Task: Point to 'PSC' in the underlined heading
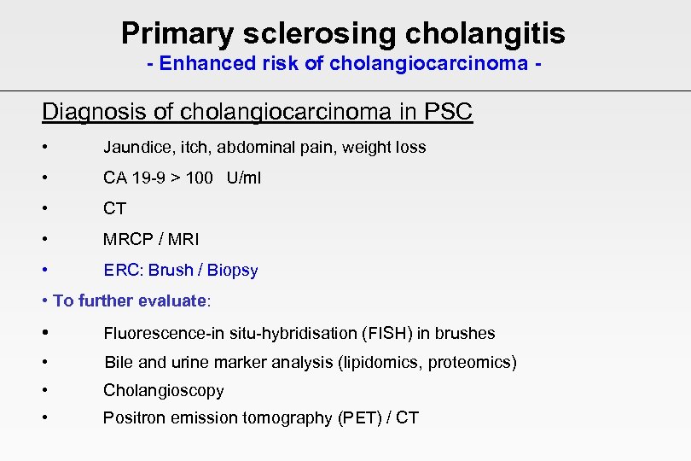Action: point(446,112)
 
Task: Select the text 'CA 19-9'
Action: point(131,178)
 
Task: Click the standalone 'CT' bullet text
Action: point(114,208)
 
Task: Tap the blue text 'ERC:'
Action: point(124,271)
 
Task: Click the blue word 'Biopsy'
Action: point(232,271)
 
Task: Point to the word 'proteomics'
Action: point(472,363)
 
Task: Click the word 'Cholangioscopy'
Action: point(164,391)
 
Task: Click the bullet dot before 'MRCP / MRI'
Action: point(45,239)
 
